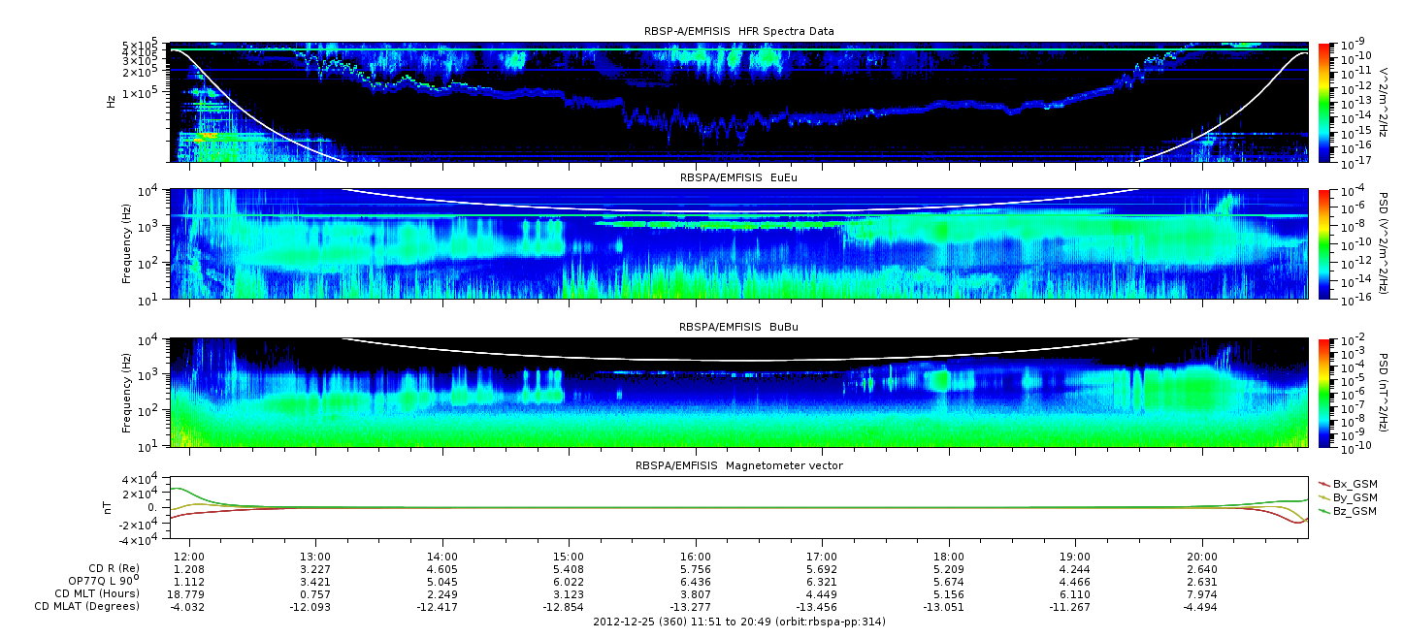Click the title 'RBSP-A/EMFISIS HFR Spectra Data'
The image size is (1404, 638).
[x=739, y=31]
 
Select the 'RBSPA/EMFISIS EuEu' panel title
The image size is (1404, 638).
[x=738, y=177]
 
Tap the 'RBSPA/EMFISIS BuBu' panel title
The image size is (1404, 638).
[x=738, y=327]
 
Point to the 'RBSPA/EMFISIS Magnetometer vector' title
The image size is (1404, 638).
[x=739, y=465]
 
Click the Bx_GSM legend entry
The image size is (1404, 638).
[x=1349, y=484]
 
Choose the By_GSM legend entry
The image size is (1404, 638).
[x=1349, y=497]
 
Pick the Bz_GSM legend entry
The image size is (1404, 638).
[x=1349, y=512]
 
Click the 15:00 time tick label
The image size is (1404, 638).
[x=569, y=557]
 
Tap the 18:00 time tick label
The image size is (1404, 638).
[x=948, y=557]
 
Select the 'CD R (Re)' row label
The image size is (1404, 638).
[x=114, y=569]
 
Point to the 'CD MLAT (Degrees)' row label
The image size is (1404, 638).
[x=87, y=606]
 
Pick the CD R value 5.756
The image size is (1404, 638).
[x=695, y=570]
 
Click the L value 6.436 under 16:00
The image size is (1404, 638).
[x=695, y=582]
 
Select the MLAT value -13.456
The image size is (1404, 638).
[x=817, y=607]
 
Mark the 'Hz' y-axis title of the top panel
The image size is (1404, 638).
[x=112, y=102]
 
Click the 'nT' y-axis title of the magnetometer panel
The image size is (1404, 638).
[x=107, y=508]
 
